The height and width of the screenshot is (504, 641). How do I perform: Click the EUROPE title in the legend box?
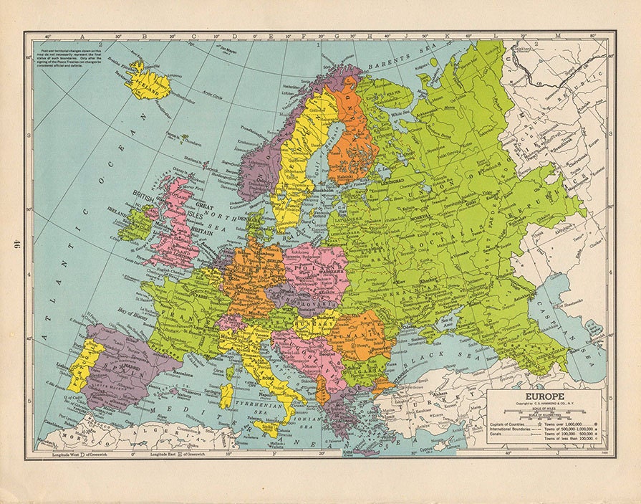(545, 396)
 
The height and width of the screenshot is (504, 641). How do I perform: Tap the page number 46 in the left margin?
(15, 244)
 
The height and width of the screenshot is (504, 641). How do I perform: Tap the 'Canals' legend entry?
(498, 437)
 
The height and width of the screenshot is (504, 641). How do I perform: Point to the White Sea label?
(404, 114)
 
